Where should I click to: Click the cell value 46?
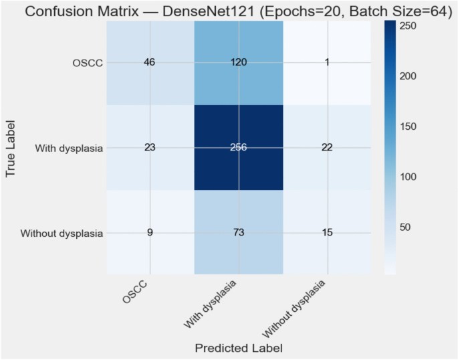(x=150, y=62)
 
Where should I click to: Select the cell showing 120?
(x=239, y=62)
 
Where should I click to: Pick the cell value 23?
(x=150, y=148)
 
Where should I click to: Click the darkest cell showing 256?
(x=239, y=148)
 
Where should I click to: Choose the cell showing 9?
(x=150, y=233)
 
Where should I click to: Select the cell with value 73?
(x=239, y=233)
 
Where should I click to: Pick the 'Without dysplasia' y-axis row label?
(x=62, y=234)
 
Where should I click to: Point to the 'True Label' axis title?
(x=11, y=148)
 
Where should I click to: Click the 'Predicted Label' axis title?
(x=239, y=348)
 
